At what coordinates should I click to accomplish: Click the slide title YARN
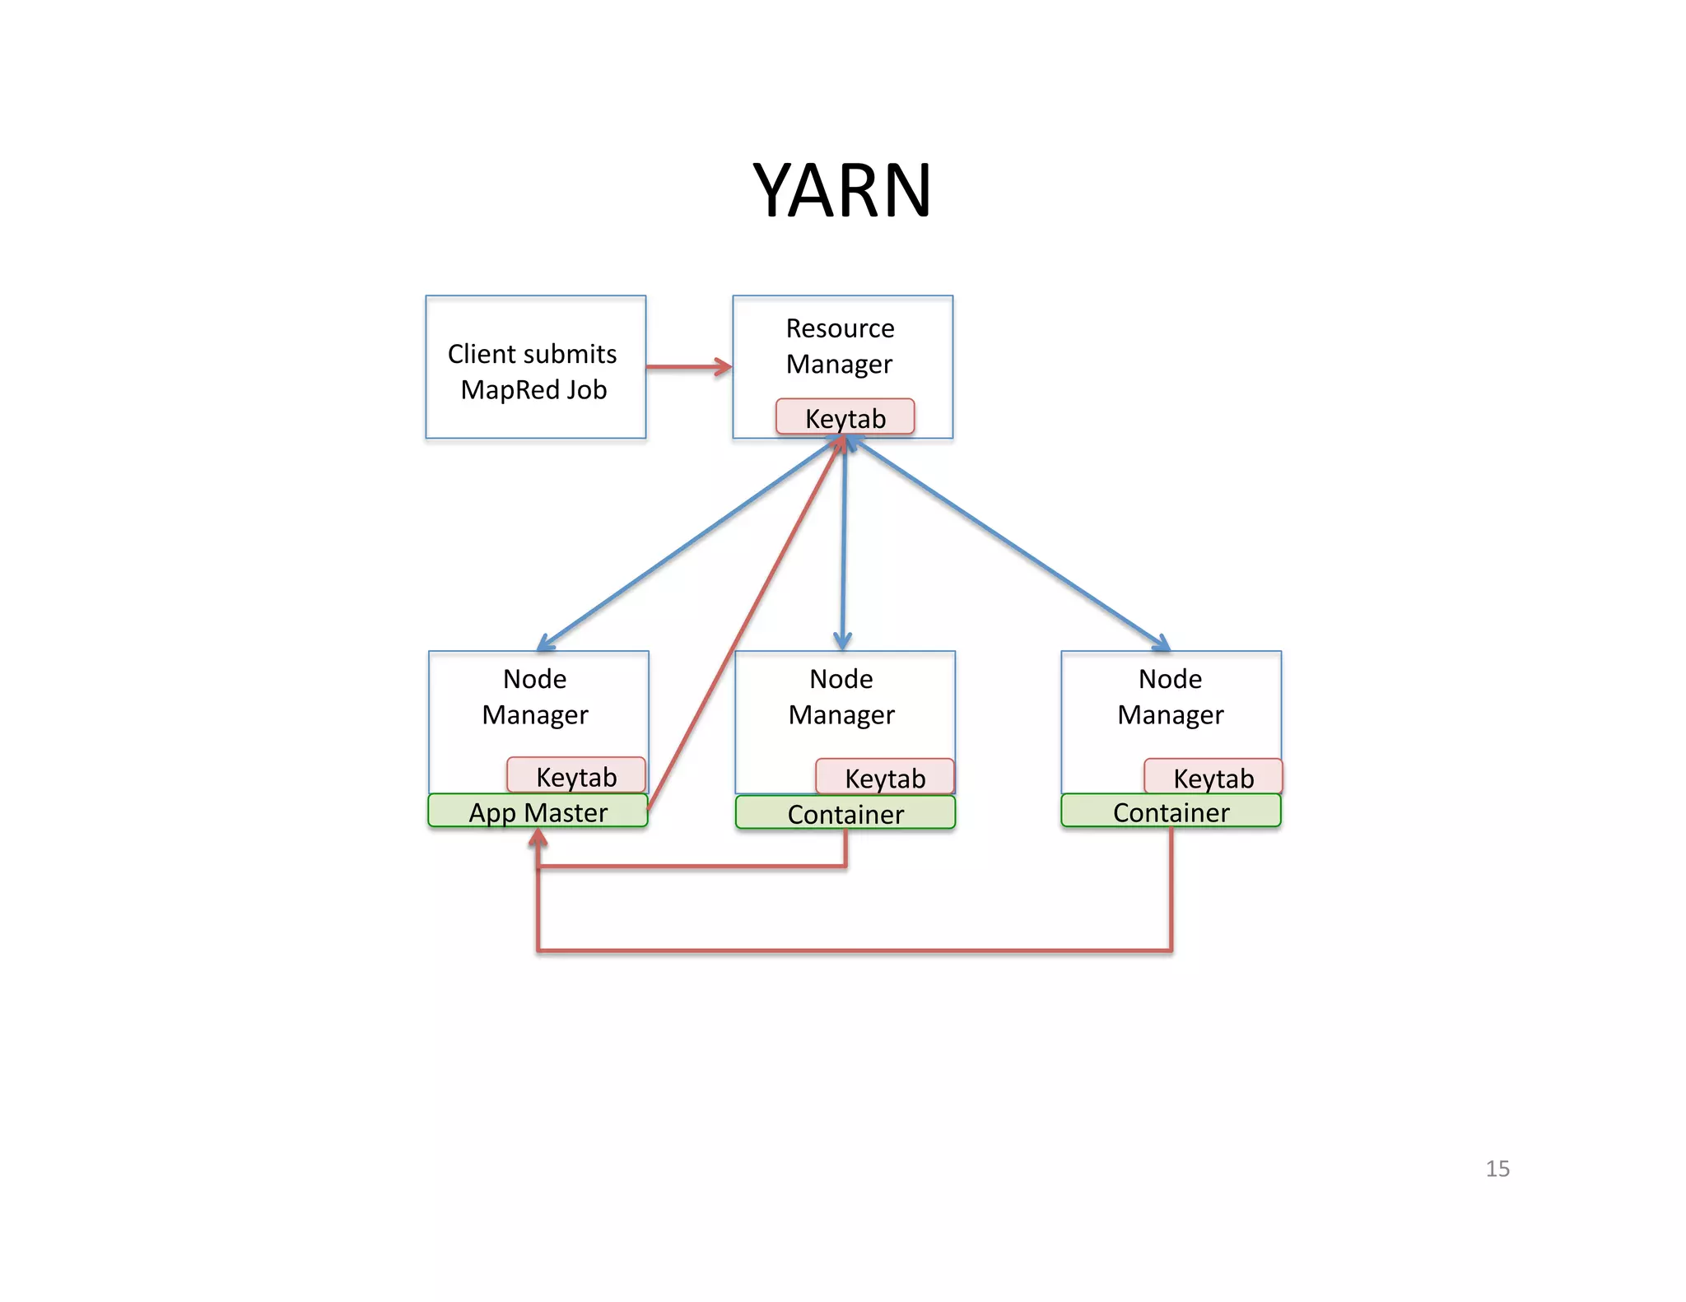(x=841, y=191)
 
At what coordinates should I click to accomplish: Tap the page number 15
(x=1497, y=1169)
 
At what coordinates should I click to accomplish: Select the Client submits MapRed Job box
(x=535, y=368)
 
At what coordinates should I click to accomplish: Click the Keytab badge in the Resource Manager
(x=845, y=417)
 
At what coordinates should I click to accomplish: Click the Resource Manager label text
(x=840, y=346)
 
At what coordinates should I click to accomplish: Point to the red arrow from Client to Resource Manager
(x=688, y=367)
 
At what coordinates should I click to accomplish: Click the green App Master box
(x=538, y=811)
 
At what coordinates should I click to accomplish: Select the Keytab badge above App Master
(x=575, y=775)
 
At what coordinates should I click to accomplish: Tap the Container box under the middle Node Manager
(x=845, y=813)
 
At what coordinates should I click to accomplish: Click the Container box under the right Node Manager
(x=1171, y=811)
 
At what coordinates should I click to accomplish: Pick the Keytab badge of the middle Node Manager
(x=885, y=777)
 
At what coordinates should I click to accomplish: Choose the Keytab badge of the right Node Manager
(x=1213, y=777)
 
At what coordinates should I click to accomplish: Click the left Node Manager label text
(x=535, y=697)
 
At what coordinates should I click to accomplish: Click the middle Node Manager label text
(x=841, y=697)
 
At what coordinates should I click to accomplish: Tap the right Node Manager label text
(x=1170, y=697)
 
